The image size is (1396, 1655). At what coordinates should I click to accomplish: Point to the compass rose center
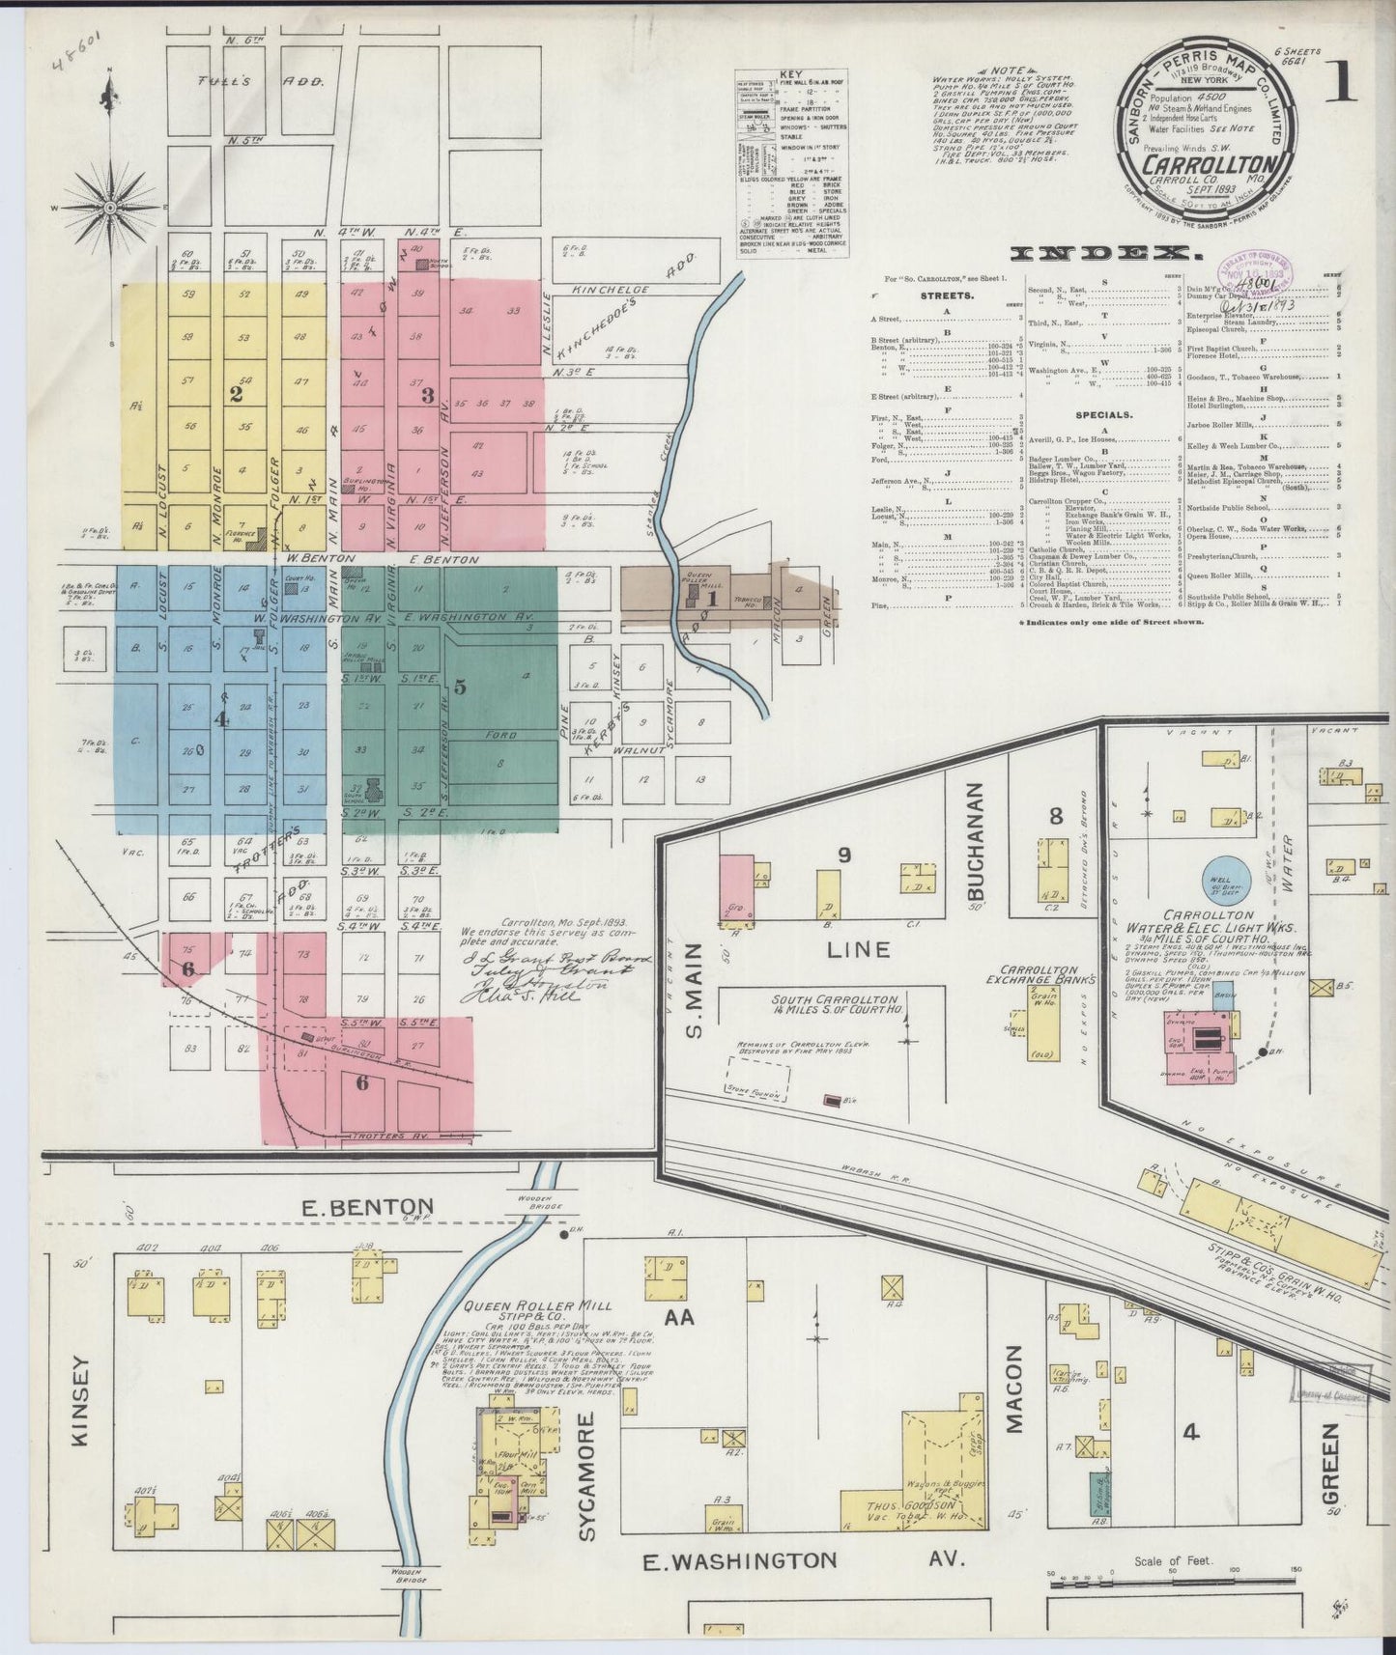coord(110,207)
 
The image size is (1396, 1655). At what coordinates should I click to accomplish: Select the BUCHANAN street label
coord(975,837)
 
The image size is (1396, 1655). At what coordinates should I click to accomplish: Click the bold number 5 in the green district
coord(460,687)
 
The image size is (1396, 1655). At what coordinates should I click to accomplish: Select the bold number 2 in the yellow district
coord(234,393)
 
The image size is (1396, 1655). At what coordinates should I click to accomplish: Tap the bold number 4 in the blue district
coord(221,718)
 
